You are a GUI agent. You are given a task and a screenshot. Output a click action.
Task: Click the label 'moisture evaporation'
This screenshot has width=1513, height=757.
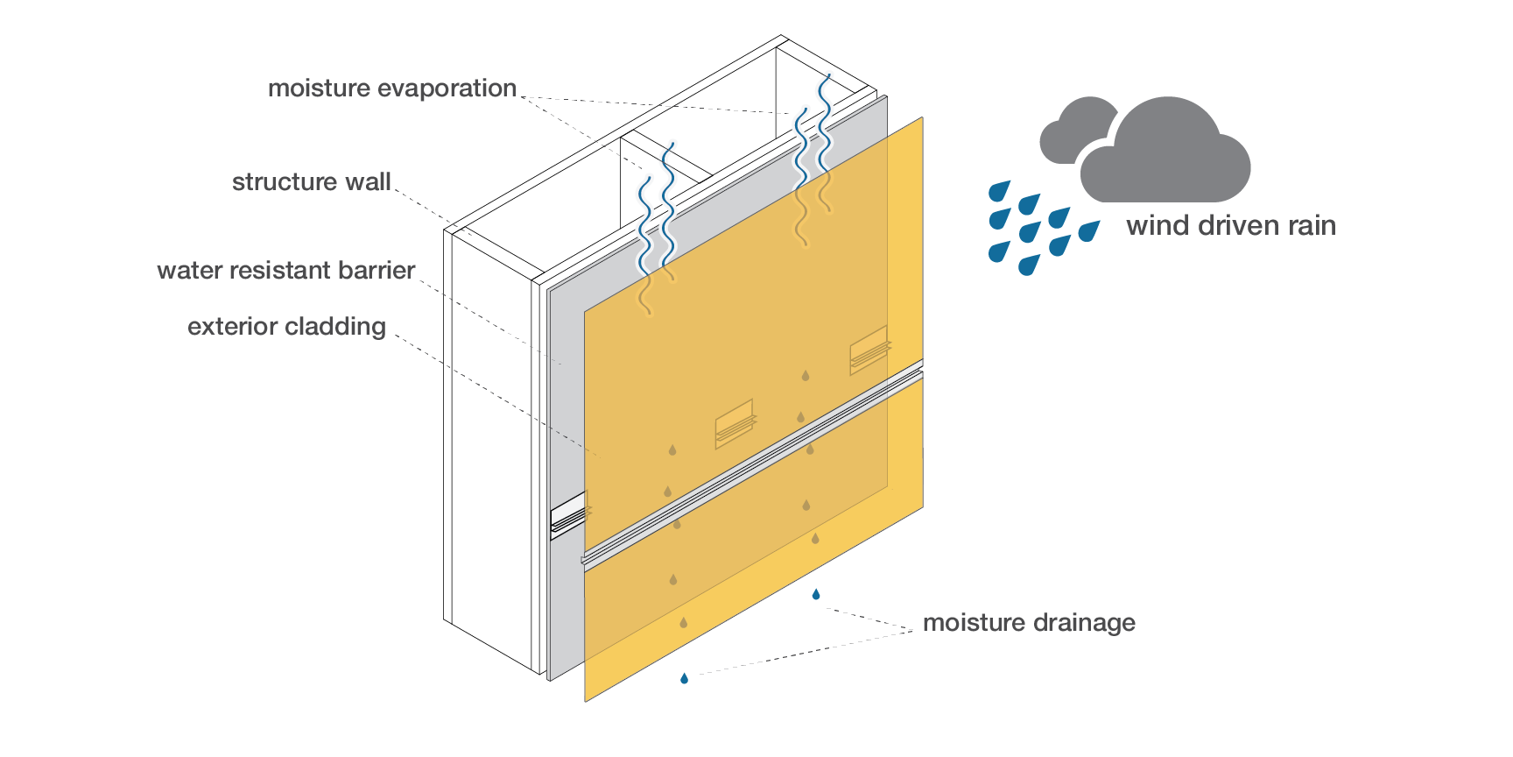(391, 88)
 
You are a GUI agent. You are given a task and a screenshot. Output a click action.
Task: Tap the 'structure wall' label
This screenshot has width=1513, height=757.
(311, 182)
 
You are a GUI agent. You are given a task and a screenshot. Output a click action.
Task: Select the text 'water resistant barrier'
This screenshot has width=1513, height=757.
(285, 271)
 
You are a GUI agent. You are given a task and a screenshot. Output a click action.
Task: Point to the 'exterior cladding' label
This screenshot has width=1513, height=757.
(286, 327)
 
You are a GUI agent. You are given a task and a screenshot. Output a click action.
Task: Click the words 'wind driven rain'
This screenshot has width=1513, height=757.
(1230, 226)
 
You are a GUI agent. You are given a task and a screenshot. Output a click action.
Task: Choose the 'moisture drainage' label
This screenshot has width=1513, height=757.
(1029, 623)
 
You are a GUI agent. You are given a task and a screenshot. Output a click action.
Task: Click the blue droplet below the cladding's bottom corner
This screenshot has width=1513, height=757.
(684, 678)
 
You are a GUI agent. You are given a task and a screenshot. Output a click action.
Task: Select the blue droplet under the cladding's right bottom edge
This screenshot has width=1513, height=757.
(816, 595)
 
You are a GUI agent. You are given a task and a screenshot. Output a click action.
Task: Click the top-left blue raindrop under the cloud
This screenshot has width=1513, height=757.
(999, 190)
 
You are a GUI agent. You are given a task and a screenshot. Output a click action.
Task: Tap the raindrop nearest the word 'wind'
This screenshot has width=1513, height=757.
(1088, 231)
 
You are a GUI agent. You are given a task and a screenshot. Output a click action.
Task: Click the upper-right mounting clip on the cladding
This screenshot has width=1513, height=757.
(869, 349)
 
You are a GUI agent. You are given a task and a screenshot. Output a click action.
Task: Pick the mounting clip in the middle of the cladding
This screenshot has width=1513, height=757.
(734, 423)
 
